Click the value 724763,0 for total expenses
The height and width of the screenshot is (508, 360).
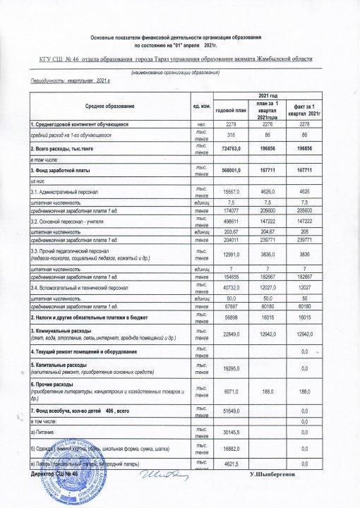234,150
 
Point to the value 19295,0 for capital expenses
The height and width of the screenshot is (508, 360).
234,368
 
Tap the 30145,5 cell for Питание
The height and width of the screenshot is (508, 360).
234,433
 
